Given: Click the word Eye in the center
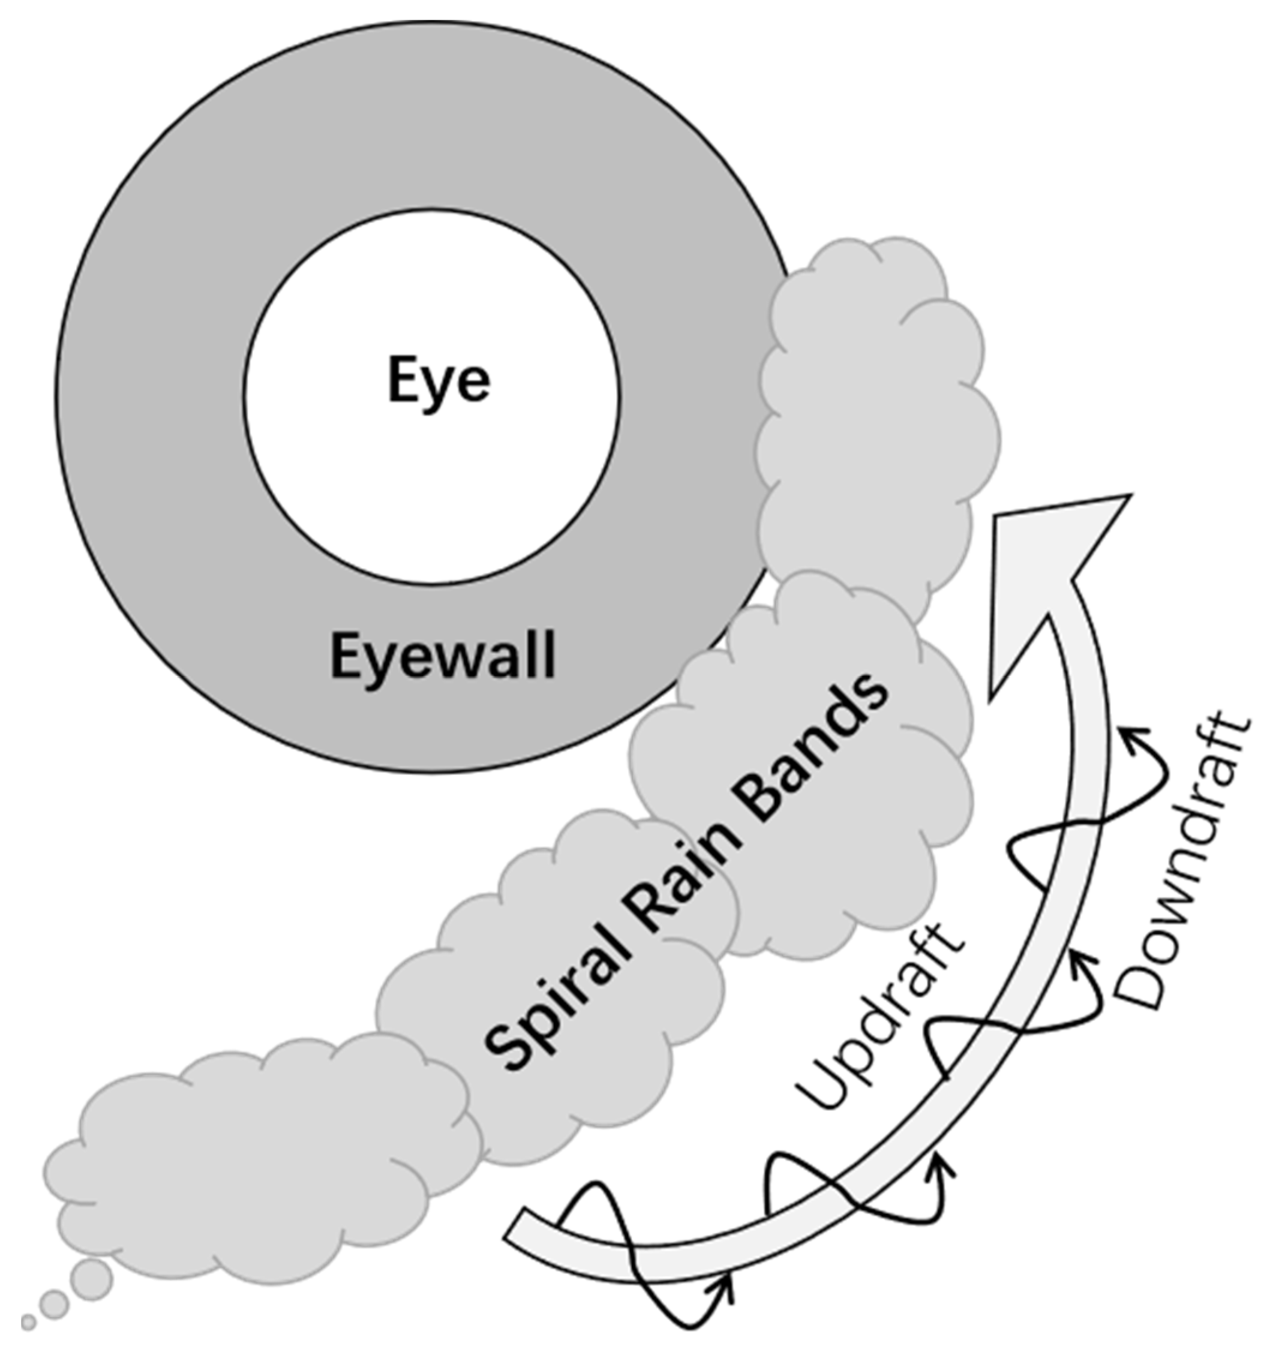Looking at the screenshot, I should click(x=439, y=381).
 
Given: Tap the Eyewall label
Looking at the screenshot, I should click(x=442, y=656).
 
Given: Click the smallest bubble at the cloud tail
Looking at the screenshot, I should click(x=28, y=1321).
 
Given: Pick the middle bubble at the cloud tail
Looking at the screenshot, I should click(x=54, y=1303).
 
